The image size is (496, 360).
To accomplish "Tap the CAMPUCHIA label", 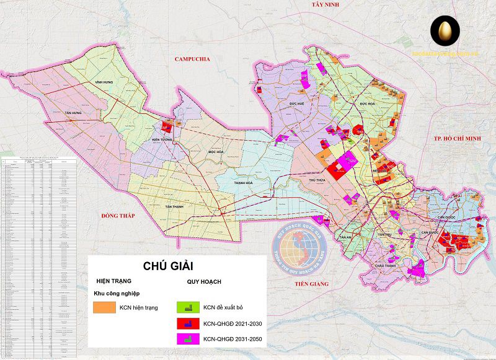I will tap(193, 59).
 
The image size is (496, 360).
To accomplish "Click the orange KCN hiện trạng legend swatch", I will tap(104, 307).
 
